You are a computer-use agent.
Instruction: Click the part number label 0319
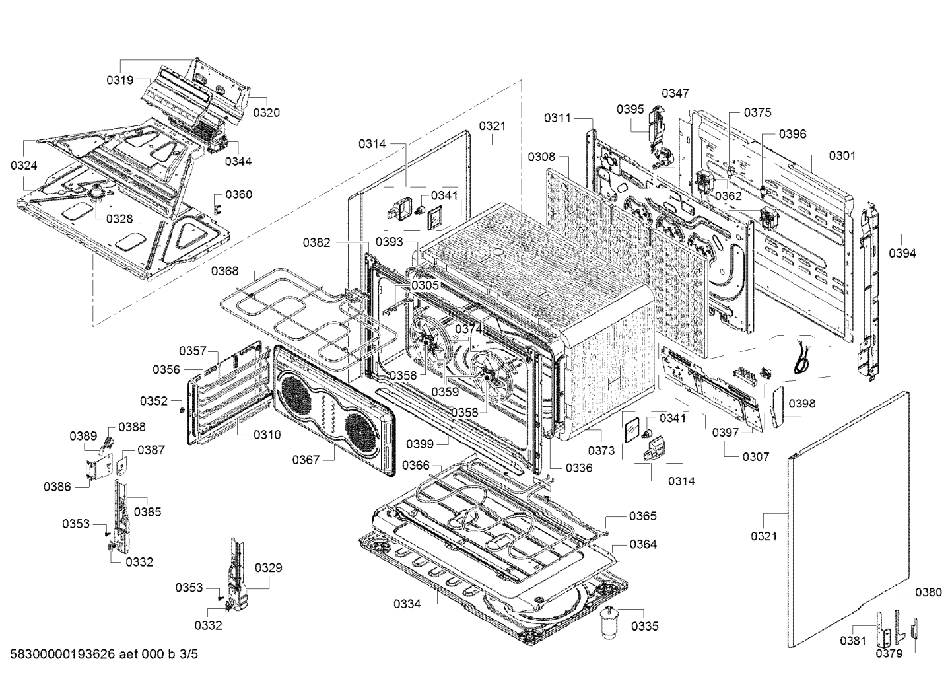point(120,80)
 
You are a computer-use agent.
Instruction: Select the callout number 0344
point(238,161)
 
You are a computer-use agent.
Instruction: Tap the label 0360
point(238,194)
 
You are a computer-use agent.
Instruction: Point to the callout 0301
point(842,155)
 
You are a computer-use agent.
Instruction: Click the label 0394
point(902,252)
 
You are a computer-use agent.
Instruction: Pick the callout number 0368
point(224,271)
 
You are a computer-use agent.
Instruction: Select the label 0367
point(306,459)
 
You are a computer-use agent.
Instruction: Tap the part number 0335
point(644,626)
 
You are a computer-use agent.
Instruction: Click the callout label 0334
point(407,603)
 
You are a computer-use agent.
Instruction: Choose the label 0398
point(801,403)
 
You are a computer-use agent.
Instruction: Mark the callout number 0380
point(928,592)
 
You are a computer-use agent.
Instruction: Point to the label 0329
point(268,567)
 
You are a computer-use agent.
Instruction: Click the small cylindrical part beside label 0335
point(609,623)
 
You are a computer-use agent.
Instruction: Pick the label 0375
point(757,112)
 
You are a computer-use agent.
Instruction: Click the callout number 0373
point(601,450)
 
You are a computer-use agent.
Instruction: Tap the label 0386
point(57,487)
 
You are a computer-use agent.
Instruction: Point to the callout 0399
point(420,443)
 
